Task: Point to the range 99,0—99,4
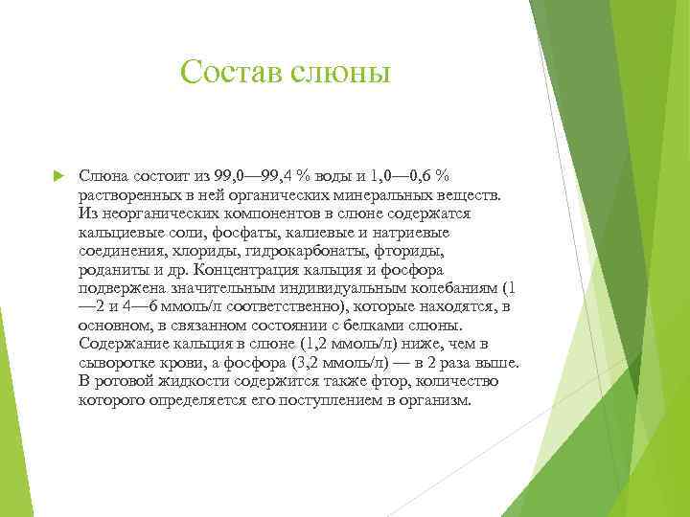tap(255, 177)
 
